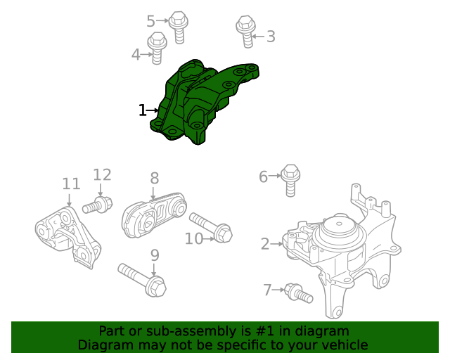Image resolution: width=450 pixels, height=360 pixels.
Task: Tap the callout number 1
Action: (142, 110)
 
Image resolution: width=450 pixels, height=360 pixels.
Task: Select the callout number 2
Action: (265, 244)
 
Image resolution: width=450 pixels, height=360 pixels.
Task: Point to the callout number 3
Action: (270, 37)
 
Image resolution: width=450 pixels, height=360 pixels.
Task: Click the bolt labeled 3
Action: (245, 32)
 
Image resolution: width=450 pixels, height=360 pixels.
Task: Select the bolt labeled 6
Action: (290, 179)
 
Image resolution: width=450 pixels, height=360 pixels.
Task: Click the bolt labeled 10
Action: (210, 227)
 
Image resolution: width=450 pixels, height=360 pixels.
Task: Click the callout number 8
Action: (154, 179)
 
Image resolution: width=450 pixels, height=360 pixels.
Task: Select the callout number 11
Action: (71, 184)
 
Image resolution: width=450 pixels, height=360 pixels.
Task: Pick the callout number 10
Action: (194, 239)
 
